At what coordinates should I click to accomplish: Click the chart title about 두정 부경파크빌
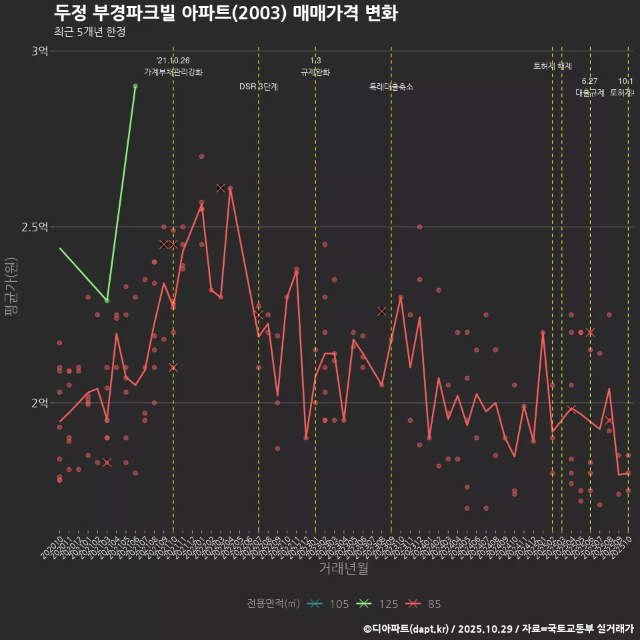225,13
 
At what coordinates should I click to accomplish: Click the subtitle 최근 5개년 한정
89,32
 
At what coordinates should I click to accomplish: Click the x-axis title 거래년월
343,569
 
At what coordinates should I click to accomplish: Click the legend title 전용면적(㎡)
273,604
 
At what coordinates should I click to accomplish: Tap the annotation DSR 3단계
259,87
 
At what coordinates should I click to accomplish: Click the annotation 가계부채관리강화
173,72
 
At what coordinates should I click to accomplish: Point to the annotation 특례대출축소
391,87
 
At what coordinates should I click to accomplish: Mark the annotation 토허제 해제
553,66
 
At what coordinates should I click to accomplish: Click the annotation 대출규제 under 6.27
590,93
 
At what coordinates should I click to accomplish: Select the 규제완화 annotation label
315,72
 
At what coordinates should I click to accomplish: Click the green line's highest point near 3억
135,86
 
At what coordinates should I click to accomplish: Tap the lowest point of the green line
107,300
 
